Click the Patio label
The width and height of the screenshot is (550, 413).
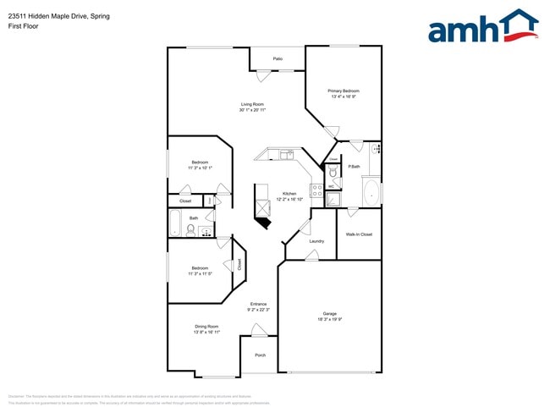(278, 58)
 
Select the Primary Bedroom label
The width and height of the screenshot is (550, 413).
(344, 91)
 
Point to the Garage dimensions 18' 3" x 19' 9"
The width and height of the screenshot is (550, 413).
(329, 319)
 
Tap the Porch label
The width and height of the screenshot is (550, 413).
(261, 355)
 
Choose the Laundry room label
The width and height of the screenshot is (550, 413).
(316, 241)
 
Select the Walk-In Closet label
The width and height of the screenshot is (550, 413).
(359, 234)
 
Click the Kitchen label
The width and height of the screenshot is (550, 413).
(289, 194)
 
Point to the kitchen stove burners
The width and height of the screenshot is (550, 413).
(316, 190)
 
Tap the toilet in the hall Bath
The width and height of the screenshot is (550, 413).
(191, 229)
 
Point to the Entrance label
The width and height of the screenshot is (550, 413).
(258, 304)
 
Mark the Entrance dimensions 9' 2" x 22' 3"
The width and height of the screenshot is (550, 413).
(258, 311)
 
